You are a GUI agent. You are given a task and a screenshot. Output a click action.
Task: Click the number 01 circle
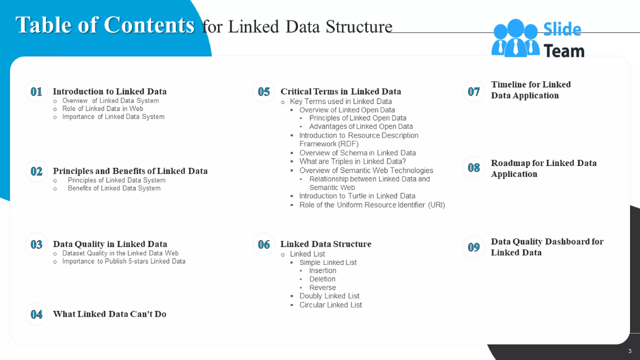(x=37, y=92)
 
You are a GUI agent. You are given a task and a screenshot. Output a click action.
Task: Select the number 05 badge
(x=264, y=92)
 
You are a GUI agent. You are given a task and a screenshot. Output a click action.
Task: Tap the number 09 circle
(x=474, y=247)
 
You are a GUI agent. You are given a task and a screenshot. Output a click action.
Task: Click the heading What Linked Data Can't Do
(x=109, y=314)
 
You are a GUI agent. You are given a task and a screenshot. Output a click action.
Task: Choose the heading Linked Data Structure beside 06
(x=326, y=244)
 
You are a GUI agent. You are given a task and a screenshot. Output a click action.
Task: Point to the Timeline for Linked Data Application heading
(x=531, y=90)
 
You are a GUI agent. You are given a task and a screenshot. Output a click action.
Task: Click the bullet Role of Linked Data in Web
(x=102, y=109)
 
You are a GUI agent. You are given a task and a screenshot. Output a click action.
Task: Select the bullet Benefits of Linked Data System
(x=114, y=188)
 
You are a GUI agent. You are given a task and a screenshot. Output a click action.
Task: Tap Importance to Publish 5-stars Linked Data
(x=124, y=261)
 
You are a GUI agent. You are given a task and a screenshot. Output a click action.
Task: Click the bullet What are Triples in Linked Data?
(x=352, y=162)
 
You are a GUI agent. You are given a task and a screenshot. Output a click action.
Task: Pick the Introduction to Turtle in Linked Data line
(x=357, y=196)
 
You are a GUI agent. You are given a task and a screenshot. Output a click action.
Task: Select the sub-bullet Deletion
(x=322, y=279)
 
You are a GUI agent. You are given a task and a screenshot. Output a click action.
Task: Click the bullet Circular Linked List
(x=330, y=305)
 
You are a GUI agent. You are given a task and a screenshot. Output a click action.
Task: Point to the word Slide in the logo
(x=562, y=29)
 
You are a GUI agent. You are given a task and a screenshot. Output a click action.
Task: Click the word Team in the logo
(x=564, y=51)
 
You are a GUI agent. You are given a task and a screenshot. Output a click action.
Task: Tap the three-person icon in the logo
(x=515, y=38)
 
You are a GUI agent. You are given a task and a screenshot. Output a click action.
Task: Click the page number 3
(x=630, y=351)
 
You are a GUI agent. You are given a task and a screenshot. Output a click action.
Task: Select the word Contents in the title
(x=149, y=25)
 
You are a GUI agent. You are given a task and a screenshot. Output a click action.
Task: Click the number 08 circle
(x=474, y=168)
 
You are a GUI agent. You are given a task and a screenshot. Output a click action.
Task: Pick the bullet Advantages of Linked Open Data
(x=361, y=127)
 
